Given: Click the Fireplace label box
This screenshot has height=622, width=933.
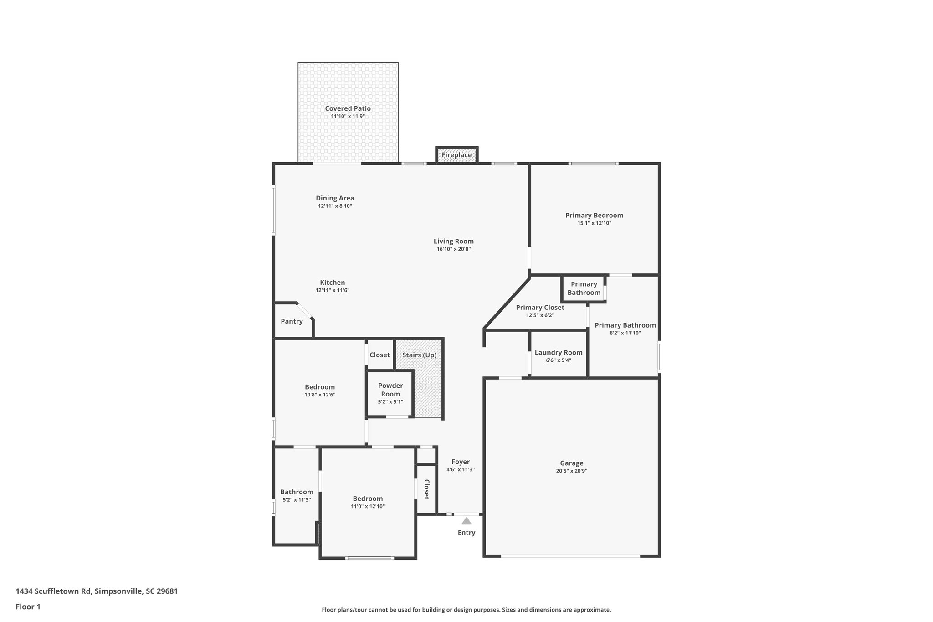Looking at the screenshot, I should (456, 155).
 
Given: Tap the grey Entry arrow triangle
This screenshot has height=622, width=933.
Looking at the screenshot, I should (466, 521).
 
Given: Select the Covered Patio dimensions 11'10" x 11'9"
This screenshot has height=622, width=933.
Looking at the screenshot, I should (348, 116).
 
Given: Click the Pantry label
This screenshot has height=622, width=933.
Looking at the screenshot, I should (292, 321).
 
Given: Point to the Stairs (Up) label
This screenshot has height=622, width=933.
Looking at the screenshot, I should (419, 355).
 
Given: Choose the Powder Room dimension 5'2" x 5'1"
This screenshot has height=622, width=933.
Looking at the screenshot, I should (390, 402).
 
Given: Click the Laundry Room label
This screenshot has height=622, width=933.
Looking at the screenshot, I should (559, 352).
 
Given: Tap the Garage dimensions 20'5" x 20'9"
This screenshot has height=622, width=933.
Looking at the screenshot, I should (571, 471).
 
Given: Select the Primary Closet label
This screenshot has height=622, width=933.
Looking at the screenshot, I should (540, 308).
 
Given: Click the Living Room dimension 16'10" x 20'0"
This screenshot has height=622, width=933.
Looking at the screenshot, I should (453, 249).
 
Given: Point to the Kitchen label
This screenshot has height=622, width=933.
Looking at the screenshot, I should (332, 283).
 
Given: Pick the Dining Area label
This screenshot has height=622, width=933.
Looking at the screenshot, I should (335, 198).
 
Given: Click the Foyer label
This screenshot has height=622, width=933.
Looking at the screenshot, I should (461, 462).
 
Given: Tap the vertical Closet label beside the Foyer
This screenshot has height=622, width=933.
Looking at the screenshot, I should (427, 489).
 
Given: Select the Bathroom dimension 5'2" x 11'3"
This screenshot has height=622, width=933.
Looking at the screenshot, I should (297, 500).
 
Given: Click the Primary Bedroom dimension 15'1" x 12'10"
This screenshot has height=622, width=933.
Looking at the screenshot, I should (594, 223).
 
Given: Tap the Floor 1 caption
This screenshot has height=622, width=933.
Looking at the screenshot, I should (28, 607).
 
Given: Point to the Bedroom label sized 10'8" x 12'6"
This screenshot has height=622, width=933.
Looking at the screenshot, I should (320, 387).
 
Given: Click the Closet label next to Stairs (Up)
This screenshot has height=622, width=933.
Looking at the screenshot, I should (379, 355).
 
